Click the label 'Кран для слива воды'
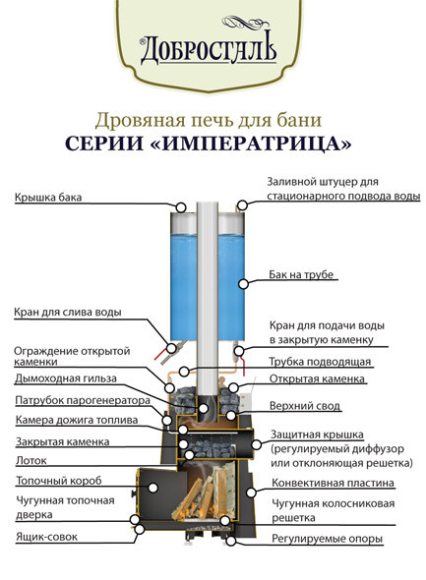(x=68, y=313)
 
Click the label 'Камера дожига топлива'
(x=77, y=420)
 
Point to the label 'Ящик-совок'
(x=46, y=537)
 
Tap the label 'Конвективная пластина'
(x=334, y=483)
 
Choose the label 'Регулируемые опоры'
(x=329, y=539)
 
